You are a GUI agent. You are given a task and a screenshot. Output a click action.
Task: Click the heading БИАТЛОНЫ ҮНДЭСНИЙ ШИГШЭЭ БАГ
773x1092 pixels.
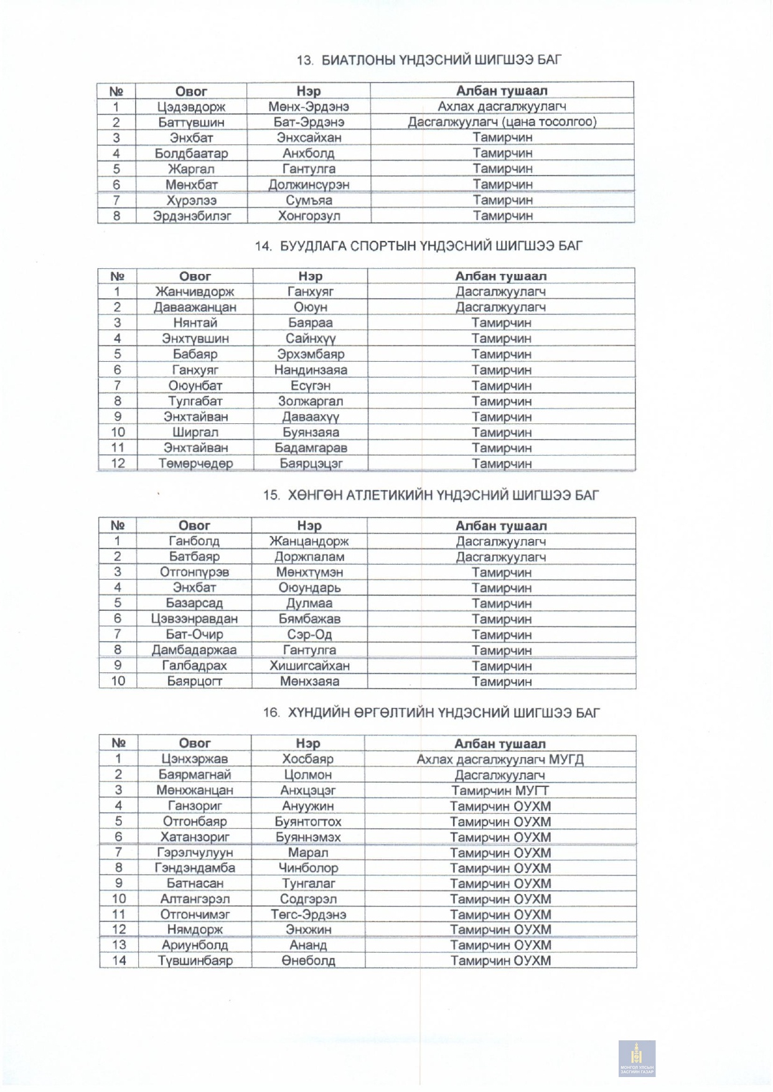coord(429,60)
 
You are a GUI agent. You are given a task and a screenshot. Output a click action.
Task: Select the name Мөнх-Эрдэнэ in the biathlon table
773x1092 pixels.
coord(309,106)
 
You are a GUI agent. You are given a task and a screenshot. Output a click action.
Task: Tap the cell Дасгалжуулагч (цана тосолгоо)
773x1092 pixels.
coord(502,122)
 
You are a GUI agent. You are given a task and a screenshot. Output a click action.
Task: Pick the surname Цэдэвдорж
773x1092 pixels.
coord(191,106)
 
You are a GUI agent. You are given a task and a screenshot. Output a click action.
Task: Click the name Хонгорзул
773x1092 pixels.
coord(309,216)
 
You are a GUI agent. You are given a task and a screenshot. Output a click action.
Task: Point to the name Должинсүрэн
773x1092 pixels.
coord(309,185)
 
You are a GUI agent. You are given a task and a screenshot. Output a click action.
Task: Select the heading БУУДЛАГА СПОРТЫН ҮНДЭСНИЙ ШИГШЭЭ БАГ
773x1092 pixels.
coord(418,246)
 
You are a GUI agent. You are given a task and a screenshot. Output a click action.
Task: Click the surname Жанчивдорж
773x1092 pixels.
coord(195,291)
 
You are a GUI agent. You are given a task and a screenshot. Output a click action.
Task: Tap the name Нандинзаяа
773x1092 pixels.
coord(311,370)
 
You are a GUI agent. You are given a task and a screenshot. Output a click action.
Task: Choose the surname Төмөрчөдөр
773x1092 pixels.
coord(195,463)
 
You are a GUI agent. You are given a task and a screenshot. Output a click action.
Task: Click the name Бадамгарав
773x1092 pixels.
coord(311,448)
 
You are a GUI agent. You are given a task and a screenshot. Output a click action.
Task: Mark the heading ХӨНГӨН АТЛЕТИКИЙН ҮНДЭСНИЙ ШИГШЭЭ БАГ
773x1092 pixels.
coord(431,496)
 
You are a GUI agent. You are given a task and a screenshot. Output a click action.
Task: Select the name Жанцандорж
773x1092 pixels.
coord(309,541)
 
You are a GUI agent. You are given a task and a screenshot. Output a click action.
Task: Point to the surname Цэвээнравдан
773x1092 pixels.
coord(194,619)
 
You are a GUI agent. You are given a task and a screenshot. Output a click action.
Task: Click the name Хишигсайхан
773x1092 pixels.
coord(309,666)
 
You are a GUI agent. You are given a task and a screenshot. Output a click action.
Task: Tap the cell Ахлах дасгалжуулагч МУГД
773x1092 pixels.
coord(500,759)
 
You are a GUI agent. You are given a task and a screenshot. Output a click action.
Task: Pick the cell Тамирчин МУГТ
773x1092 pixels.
coord(500,790)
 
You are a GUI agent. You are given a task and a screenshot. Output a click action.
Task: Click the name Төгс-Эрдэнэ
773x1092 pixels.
coord(308,915)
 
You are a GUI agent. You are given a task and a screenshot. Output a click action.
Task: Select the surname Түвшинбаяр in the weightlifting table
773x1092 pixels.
coord(195,961)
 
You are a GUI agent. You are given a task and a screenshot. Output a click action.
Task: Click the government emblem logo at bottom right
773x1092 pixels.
coord(637,1058)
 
